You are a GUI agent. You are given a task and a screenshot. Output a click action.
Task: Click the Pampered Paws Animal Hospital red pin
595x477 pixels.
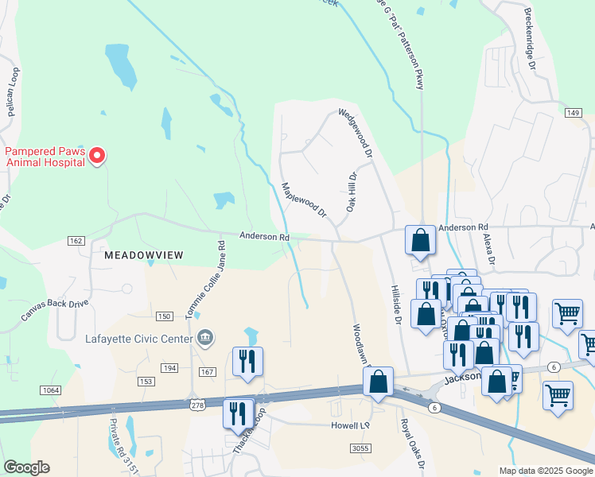[96, 155]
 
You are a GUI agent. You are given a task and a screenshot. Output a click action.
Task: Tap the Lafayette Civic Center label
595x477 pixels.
[139, 339]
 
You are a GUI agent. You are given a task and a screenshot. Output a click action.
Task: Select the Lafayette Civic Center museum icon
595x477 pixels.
[206, 339]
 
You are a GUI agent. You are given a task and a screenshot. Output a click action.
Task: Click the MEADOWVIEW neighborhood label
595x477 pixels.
[143, 255]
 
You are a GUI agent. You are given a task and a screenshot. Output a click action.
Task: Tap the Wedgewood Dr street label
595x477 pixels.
[356, 134]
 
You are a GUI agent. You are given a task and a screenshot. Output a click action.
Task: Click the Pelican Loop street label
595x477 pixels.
[13, 92]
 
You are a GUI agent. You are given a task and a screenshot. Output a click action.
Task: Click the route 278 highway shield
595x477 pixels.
[197, 405]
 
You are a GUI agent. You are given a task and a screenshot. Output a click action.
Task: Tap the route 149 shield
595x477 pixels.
[573, 113]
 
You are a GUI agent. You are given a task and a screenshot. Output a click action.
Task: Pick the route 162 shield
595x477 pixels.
[76, 241]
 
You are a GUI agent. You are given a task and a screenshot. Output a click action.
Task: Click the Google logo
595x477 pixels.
[26, 467]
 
